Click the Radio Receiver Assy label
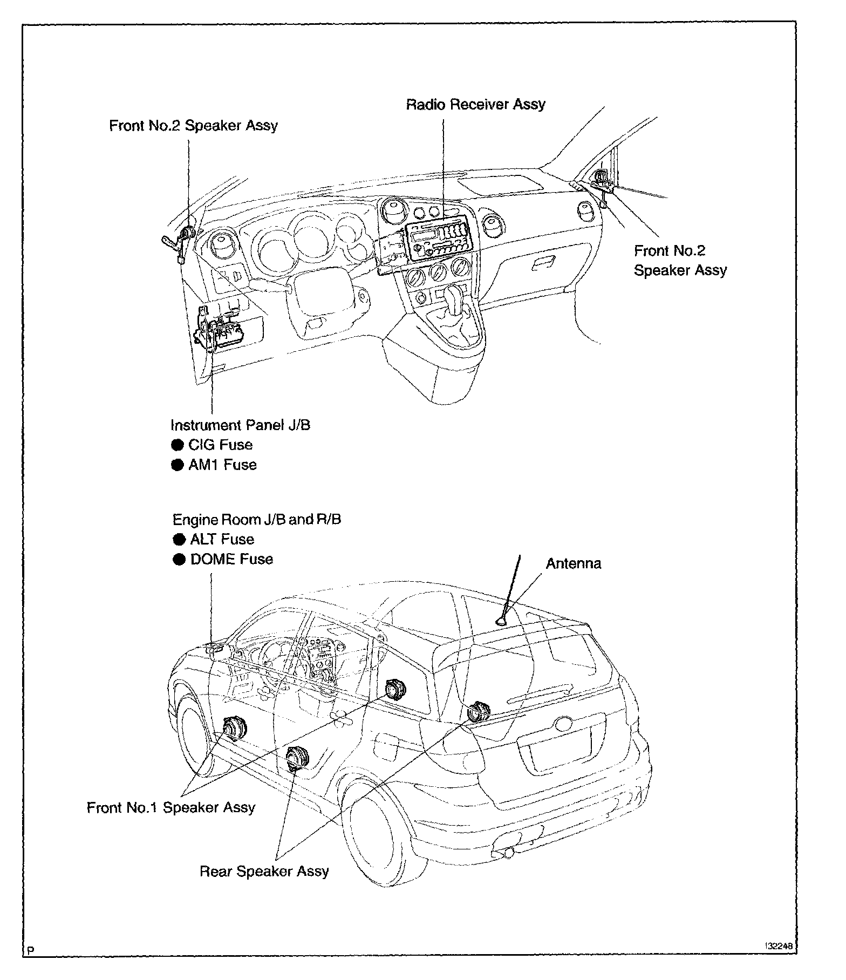point(475,104)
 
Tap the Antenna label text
point(573,564)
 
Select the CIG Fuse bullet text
point(220,445)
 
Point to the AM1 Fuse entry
point(222,465)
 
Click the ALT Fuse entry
point(222,539)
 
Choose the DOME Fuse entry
point(231,559)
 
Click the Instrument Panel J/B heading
point(240,425)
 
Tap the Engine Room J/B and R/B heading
point(256,519)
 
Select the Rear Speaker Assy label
point(264,871)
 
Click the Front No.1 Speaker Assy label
point(171,807)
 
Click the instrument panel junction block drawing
point(221,332)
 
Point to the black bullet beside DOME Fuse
point(179,560)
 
